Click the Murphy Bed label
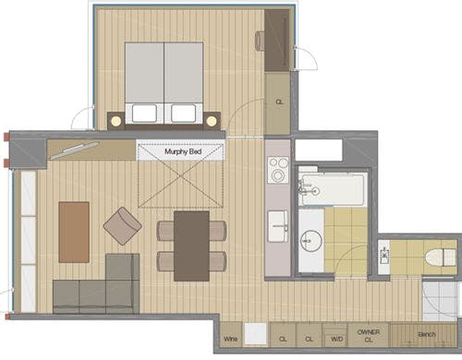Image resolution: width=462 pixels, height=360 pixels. [183, 151]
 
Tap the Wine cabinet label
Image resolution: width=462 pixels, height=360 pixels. [230, 339]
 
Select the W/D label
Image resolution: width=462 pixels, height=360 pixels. [336, 339]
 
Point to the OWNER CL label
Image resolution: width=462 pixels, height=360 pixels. [369, 336]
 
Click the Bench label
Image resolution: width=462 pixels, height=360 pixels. [427, 334]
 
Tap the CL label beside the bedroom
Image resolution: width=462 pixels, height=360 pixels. [279, 102]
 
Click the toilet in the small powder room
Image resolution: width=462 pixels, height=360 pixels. [441, 257]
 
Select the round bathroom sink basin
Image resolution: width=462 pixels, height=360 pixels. [311, 241]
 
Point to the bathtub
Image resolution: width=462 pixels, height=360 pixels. [334, 190]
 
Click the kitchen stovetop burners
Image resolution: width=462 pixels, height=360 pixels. [278, 170]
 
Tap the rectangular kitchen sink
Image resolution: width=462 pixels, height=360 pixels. [278, 226]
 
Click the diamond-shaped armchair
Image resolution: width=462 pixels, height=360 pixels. [123, 226]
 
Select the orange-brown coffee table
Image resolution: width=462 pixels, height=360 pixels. [74, 233]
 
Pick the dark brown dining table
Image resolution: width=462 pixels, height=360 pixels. [191, 246]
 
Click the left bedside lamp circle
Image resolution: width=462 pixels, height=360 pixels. [116, 121]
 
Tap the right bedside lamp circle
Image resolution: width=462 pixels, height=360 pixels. [212, 121]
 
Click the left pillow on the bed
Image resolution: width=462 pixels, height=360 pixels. [144, 114]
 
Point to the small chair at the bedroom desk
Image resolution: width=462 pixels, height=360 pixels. [261, 41]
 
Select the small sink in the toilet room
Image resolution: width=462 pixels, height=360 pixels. [384, 256]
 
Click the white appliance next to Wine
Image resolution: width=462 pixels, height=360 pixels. [255, 334]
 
